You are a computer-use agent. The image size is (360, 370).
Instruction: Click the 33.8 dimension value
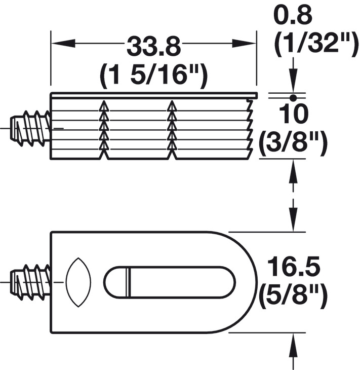coord(153,46)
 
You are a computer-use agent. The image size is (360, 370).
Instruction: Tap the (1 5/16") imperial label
coord(154,76)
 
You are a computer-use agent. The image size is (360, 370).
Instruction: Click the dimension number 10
coord(294,114)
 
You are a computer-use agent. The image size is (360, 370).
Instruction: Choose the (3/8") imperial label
coord(293,143)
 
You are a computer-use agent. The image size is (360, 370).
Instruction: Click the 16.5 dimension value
coord(294,267)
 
